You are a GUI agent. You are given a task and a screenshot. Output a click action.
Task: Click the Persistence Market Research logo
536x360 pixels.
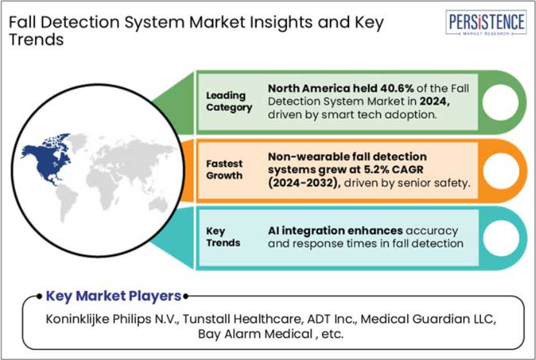tap(486, 23)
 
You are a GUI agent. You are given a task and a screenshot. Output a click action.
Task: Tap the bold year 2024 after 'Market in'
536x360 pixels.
tap(434, 101)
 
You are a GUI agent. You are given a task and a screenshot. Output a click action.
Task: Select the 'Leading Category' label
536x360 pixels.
tap(229, 101)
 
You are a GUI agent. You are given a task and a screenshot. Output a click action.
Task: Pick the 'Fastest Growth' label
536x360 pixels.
tap(224, 169)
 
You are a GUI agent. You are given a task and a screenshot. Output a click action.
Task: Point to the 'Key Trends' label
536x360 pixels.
tap(223, 237)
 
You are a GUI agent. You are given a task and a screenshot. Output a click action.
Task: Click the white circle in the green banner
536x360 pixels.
tap(500, 102)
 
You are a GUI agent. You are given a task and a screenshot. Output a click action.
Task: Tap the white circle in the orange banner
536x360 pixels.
tap(500, 171)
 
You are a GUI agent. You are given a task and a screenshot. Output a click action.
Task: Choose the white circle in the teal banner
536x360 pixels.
tap(500, 238)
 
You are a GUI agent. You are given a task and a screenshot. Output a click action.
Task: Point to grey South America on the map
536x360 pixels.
tap(66, 202)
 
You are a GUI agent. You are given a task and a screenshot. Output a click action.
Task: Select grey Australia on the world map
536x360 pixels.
tap(158, 204)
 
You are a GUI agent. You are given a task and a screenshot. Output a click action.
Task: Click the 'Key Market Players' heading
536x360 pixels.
tap(114, 296)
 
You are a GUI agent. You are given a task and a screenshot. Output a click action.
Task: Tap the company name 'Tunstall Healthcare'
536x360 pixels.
tap(242, 319)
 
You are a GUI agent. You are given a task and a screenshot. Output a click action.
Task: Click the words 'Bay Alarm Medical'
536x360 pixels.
tap(255, 334)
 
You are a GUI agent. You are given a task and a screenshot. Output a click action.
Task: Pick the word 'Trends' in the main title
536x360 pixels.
tap(36, 39)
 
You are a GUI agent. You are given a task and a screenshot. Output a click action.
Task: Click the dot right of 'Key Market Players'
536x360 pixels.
tap(186, 296)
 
